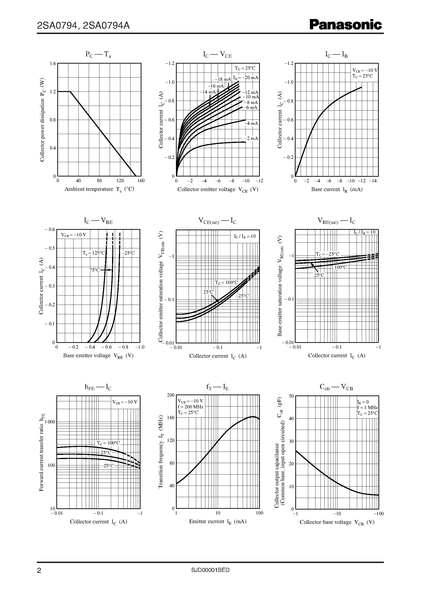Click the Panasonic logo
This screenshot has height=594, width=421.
(346, 25)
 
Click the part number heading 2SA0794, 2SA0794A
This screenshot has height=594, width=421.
(83, 25)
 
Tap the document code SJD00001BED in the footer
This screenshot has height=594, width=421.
(210, 570)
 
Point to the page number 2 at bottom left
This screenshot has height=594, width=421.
(39, 571)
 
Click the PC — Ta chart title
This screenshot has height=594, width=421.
(98, 54)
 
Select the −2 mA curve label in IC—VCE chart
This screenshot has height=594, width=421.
(251, 138)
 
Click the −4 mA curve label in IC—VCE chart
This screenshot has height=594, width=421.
(251, 123)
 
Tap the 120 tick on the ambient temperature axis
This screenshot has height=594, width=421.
(120, 180)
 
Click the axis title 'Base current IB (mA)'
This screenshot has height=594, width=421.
(336, 189)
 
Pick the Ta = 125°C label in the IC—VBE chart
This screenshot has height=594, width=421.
(94, 253)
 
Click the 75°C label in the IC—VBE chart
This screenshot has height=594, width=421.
(94, 270)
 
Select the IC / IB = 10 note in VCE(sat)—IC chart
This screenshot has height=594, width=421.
(245, 236)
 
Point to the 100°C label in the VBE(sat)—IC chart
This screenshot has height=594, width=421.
(340, 267)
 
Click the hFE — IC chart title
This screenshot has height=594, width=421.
(98, 387)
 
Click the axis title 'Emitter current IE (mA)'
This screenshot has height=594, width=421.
(218, 521)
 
